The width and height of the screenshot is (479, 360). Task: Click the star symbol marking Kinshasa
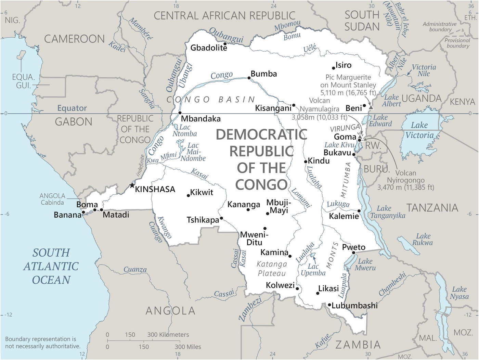[132, 185]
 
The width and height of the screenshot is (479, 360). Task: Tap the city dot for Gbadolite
[225, 44]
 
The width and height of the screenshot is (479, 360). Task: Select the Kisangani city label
[273, 108]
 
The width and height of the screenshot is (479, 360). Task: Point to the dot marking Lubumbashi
[329, 305]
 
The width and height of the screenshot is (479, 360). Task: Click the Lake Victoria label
[419, 130]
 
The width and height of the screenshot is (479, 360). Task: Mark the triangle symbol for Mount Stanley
[371, 107]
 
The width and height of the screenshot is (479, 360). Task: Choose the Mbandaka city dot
[180, 113]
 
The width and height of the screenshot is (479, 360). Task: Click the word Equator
[72, 108]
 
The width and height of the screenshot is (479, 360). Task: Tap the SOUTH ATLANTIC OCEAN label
[51, 266]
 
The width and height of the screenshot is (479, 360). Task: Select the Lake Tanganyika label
[387, 212]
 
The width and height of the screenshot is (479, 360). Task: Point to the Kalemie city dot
[359, 211]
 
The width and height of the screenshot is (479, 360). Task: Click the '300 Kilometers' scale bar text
[168, 335]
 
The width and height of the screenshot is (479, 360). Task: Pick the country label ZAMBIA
[358, 345]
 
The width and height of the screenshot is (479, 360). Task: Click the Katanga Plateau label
[272, 269]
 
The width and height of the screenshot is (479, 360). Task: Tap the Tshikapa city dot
[221, 218]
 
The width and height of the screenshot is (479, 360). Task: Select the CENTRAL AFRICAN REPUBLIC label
[224, 16]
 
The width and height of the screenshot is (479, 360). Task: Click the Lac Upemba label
[313, 269]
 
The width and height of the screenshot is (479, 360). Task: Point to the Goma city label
[345, 137]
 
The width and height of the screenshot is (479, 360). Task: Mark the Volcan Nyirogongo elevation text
[405, 187]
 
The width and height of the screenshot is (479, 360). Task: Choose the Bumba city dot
[249, 78]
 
